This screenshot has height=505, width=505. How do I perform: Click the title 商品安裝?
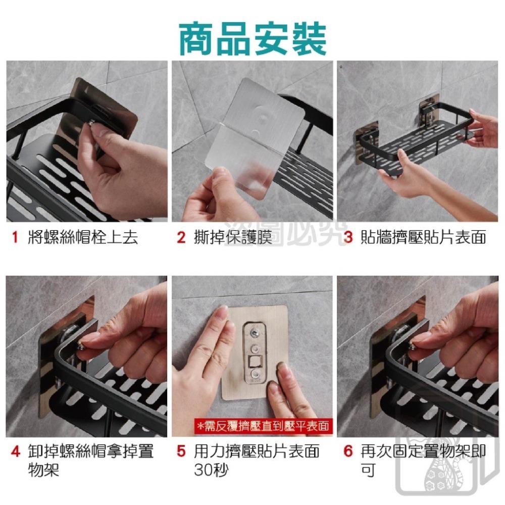tap(252, 38)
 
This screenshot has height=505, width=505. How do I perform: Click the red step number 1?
tap(15, 237)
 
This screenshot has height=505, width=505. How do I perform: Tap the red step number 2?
tap(181, 237)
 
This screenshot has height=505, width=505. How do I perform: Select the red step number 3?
tap(347, 237)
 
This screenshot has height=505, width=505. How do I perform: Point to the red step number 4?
tap(15, 451)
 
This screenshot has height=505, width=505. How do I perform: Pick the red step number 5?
tap(181, 451)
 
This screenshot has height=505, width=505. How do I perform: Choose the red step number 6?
tap(347, 451)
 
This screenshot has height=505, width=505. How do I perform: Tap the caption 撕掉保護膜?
tap(233, 237)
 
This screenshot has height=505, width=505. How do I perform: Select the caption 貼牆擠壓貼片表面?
tap(423, 237)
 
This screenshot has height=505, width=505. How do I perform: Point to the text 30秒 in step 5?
tap(211, 470)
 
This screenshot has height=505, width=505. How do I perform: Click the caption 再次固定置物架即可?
tap(423, 460)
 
